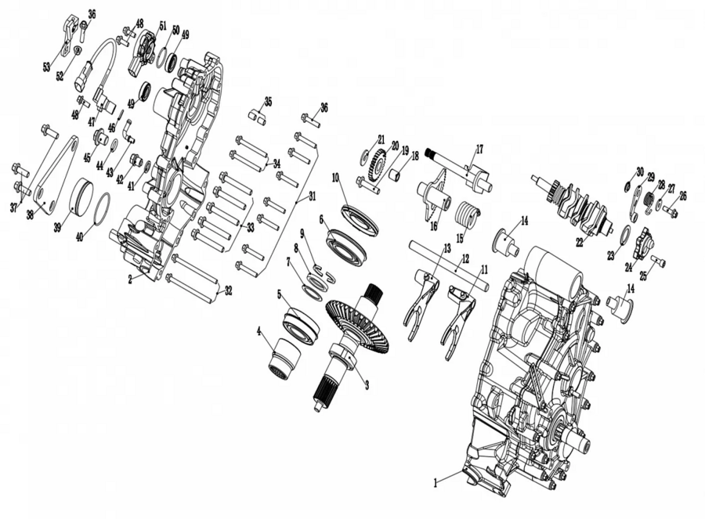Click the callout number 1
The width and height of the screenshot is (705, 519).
[x=436, y=484]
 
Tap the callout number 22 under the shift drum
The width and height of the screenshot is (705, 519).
[x=580, y=242]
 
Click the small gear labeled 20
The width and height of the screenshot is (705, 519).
[x=376, y=164]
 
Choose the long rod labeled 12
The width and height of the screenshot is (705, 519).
[x=449, y=265]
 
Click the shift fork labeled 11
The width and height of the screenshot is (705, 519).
[x=457, y=318]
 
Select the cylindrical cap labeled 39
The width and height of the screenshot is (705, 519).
[x=81, y=196]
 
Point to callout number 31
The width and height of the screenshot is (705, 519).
[x=312, y=196]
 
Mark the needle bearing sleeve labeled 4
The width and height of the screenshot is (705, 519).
[x=284, y=355]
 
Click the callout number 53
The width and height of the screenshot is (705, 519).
[x=47, y=67]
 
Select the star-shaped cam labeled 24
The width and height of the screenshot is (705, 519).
[x=642, y=242]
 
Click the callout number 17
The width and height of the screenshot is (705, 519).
[x=479, y=150]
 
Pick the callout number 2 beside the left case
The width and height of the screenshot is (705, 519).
[x=130, y=279]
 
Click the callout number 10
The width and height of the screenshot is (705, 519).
[x=336, y=177]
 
